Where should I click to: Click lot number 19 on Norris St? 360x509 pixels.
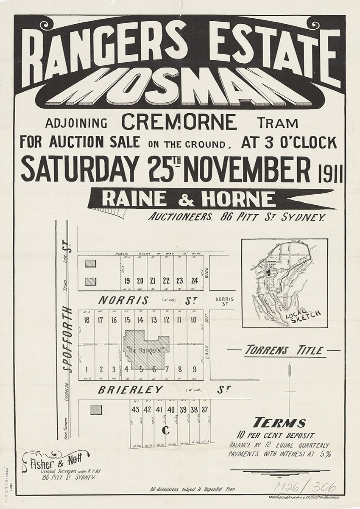click(x=127, y=280)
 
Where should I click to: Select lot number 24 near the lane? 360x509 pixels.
click(x=194, y=280)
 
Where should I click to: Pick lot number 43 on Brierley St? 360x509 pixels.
click(x=136, y=410)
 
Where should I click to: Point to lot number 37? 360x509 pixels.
click(x=205, y=410)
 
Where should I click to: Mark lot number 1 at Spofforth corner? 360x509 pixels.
click(x=87, y=369)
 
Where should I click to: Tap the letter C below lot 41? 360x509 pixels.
click(x=166, y=430)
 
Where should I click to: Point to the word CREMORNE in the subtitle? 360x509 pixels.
click(x=179, y=123)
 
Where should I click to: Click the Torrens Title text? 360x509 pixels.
click(x=284, y=351)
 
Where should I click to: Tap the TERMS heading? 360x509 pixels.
click(x=279, y=423)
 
